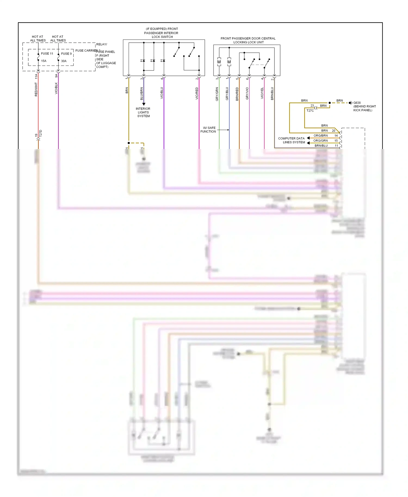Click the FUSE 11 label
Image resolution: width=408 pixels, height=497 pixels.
[x=47, y=54]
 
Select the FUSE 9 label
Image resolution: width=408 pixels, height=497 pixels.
[x=66, y=54]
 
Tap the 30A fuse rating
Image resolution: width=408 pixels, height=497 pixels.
[x=64, y=61]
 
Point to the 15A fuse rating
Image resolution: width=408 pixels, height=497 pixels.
[x=44, y=61]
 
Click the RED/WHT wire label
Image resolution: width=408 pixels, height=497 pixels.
[x=36, y=89]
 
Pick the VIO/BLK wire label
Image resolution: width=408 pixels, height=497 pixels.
[x=56, y=88]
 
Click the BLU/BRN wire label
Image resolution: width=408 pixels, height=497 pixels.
[x=141, y=94]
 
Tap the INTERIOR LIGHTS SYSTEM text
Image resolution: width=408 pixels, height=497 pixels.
[x=143, y=112]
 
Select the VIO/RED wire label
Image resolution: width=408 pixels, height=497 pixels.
[x=197, y=93]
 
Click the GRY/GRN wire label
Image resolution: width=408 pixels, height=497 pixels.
[x=217, y=94]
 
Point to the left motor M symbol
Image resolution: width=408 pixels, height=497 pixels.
[x=219, y=62]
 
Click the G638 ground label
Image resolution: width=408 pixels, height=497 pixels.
[x=357, y=103]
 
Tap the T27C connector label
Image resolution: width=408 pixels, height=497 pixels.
[x=310, y=111]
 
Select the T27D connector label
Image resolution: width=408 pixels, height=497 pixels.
[x=41, y=133]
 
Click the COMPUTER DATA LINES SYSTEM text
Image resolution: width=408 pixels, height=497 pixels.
[x=291, y=140]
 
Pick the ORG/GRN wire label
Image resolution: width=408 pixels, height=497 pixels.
[x=320, y=141]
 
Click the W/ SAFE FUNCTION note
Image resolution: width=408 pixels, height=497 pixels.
[x=208, y=130]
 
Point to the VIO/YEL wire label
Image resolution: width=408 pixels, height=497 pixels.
[x=262, y=93]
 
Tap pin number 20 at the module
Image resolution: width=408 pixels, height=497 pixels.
[x=333, y=131]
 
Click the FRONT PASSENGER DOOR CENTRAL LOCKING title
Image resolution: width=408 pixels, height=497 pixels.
[x=248, y=40]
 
